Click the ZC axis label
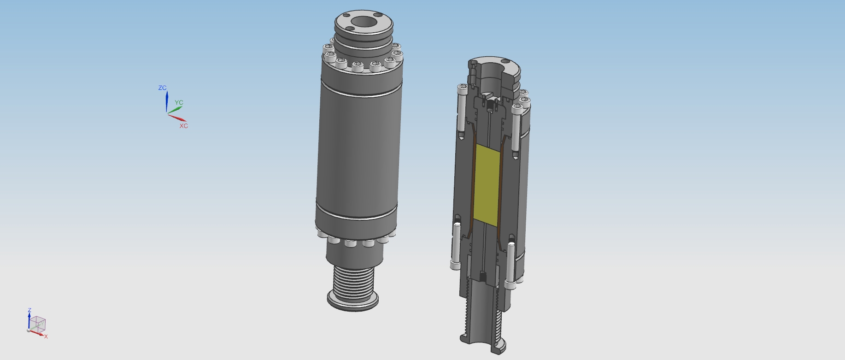pos(162,88)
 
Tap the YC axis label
pos(179,103)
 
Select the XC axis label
pos(184,126)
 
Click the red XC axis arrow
pos(177,118)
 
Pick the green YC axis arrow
pos(175,109)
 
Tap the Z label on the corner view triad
pos(29,311)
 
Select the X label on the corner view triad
pos(46,336)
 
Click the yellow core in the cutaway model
pos(487,185)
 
